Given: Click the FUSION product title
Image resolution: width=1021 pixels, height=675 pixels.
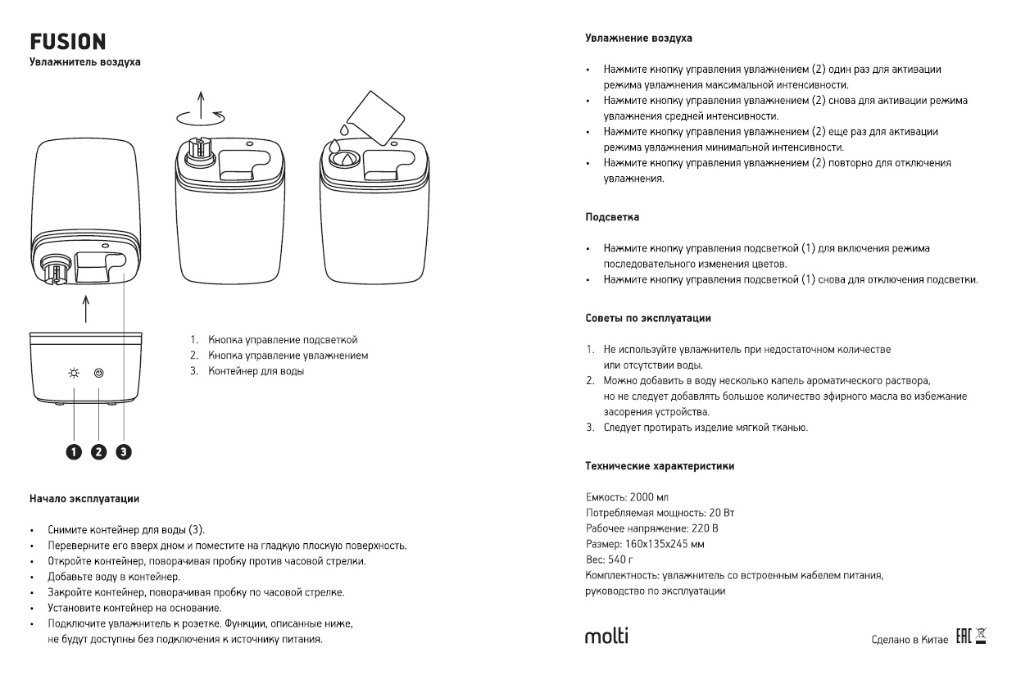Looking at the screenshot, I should (x=67, y=42).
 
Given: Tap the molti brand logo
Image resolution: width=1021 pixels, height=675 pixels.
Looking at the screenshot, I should (x=607, y=636).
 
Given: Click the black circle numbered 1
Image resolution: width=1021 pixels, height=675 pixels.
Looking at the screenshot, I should (x=75, y=451).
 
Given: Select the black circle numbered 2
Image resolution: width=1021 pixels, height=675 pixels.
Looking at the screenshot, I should (x=99, y=451).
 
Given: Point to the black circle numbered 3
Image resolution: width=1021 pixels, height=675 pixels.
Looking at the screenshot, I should (x=124, y=451).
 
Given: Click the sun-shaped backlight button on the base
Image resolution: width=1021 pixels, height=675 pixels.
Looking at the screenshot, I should (x=75, y=374).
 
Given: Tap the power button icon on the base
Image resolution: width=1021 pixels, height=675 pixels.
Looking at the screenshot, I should (x=99, y=374).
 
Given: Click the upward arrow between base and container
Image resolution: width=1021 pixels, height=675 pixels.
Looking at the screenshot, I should (x=85, y=310).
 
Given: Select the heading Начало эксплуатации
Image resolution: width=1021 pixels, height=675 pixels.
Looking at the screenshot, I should (x=84, y=498).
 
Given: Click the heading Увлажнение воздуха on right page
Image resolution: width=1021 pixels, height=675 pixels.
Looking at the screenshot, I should (x=638, y=38).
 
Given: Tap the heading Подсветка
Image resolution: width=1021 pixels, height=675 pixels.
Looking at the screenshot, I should (x=611, y=218).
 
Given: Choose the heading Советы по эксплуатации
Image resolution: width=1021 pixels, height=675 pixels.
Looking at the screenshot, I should (x=647, y=317).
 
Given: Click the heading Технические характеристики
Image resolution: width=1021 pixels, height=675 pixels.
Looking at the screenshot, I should (x=659, y=466).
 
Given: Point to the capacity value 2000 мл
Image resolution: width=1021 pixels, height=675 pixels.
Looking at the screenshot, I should (x=650, y=498).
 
